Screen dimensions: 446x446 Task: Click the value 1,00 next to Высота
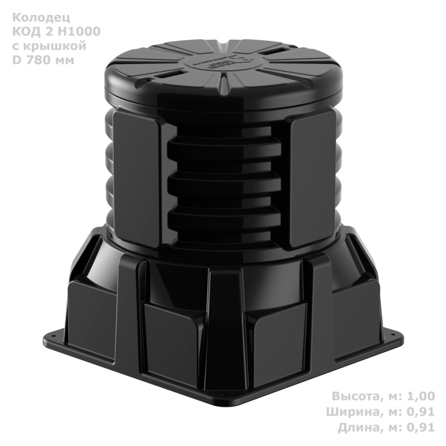pyautogui.click(x=419, y=397)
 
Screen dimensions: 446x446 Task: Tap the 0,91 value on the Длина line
pyautogui.click(x=419, y=428)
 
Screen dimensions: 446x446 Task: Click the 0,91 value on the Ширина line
pyautogui.click(x=419, y=413)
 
